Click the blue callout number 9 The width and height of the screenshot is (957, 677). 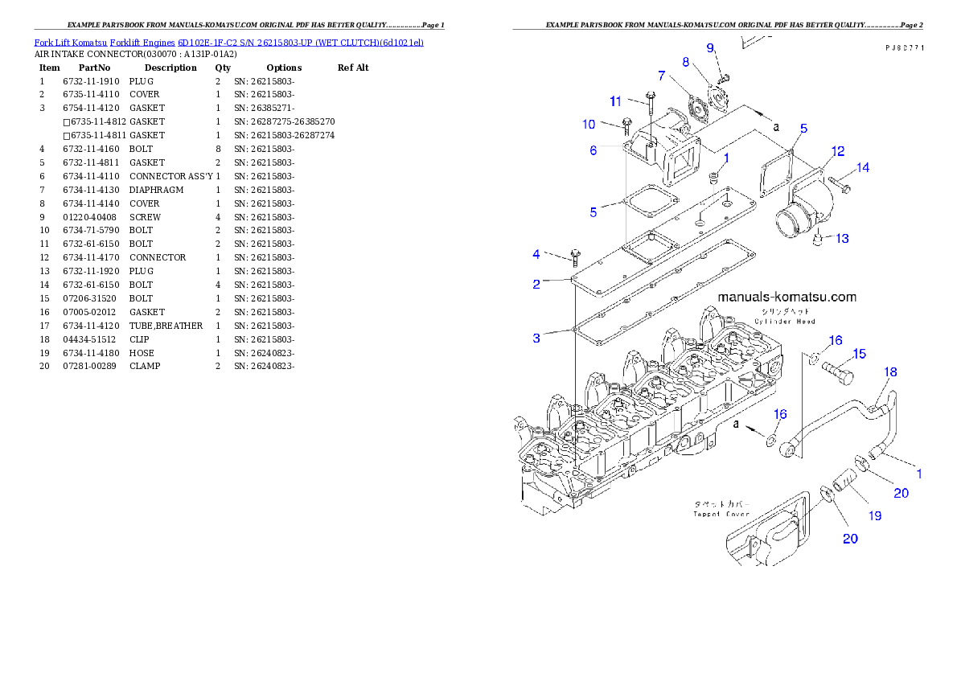click(x=710, y=48)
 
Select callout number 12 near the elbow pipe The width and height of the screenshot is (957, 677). click(x=837, y=151)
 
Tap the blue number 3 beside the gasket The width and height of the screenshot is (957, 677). click(x=536, y=338)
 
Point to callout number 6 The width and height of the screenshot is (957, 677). click(x=593, y=150)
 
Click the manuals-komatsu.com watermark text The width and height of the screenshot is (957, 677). click(x=787, y=297)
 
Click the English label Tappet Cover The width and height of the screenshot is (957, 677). click(x=722, y=514)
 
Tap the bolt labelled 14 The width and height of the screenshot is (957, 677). click(x=841, y=186)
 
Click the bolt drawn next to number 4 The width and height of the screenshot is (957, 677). click(x=574, y=256)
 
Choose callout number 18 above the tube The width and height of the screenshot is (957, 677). click(x=891, y=372)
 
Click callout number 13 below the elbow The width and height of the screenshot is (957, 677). click(x=841, y=239)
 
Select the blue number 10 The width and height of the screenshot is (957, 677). click(x=589, y=125)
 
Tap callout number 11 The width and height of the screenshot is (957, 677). click(x=615, y=101)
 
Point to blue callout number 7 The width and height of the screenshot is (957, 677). click(x=661, y=76)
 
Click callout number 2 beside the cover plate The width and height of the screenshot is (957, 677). click(x=536, y=284)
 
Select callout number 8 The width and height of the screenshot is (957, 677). click(x=685, y=62)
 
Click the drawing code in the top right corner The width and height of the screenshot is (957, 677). click(x=904, y=48)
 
